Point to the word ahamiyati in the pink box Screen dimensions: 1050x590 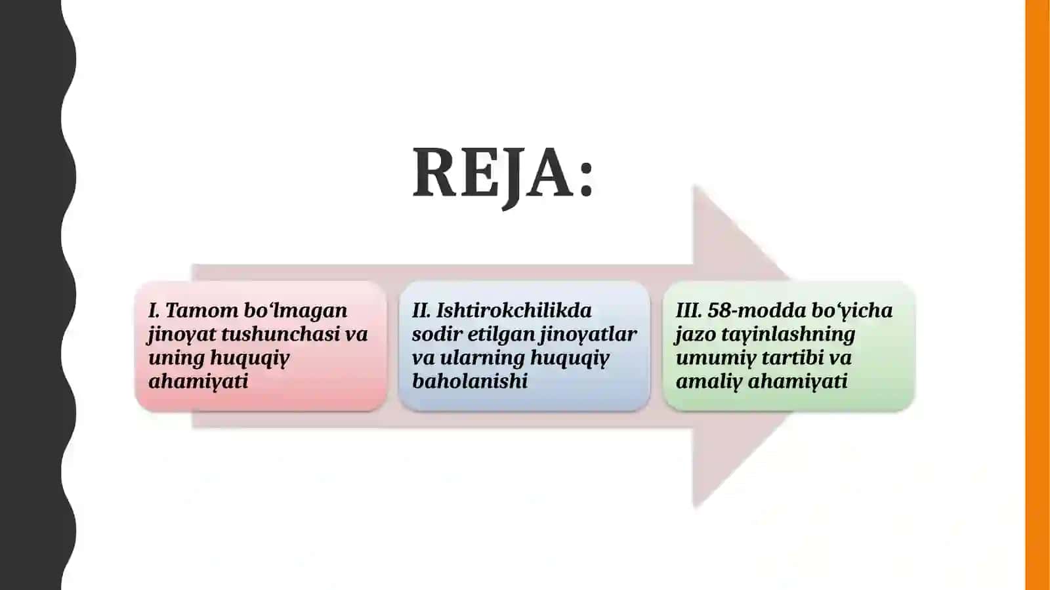tap(198, 382)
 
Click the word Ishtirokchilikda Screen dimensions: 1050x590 tap(514, 310)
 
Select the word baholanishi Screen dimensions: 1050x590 tap(470, 381)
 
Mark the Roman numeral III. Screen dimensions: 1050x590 tap(689, 310)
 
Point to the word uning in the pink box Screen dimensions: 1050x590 tap(177, 359)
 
